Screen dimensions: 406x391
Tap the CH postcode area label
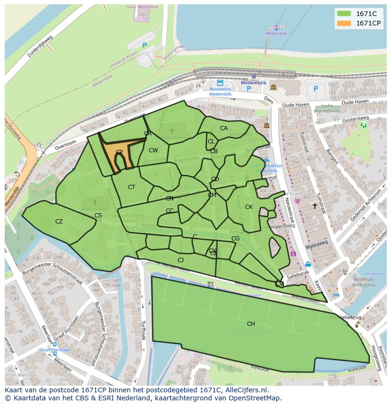pyautogui.click(x=251, y=324)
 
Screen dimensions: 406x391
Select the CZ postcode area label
pyautogui.click(x=59, y=222)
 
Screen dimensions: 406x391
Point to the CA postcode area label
pyautogui.click(x=224, y=128)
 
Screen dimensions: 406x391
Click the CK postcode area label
pyautogui.click(x=249, y=207)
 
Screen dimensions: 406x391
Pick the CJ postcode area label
pyautogui.click(x=180, y=260)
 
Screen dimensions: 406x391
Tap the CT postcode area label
pyautogui.click(x=131, y=187)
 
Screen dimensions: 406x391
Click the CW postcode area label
pyautogui.click(x=153, y=150)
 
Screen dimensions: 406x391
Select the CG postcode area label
pyautogui.click(x=235, y=239)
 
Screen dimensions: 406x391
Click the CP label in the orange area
pyautogui.click(x=119, y=152)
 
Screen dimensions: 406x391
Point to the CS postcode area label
pyautogui.click(x=98, y=215)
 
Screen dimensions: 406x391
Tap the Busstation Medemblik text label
pyautogui.click(x=220, y=91)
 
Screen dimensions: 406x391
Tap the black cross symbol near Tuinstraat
pyautogui.click(x=314, y=206)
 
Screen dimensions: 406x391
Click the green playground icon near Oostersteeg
pyautogui.click(x=363, y=125)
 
